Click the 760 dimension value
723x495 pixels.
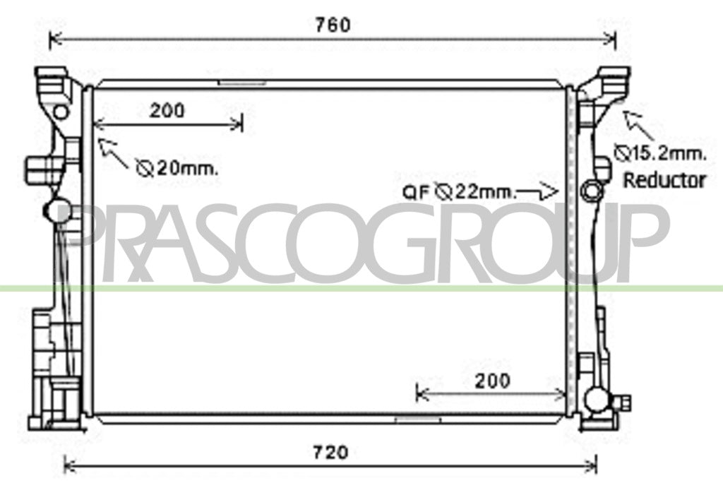[333, 25]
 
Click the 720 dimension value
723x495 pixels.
[330, 452]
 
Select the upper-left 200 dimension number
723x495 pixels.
[167, 110]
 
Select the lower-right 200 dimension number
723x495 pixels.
[492, 381]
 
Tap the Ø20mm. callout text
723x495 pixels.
[177, 168]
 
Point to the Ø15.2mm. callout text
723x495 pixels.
[660, 153]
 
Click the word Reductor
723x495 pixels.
[664, 180]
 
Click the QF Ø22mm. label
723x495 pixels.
[458, 192]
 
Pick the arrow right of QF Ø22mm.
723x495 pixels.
[537, 191]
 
